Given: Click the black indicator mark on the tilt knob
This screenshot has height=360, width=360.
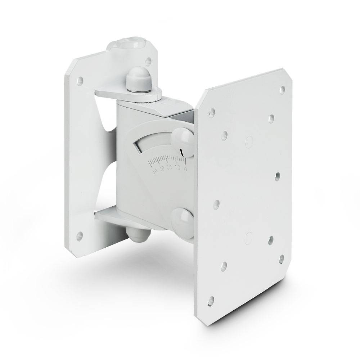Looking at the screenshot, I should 183,152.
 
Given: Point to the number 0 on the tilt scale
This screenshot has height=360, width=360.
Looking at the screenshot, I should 185,168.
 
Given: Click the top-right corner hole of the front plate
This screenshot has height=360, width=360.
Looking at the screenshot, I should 283,88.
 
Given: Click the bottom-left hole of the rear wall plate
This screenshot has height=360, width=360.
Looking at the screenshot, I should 80,237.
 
